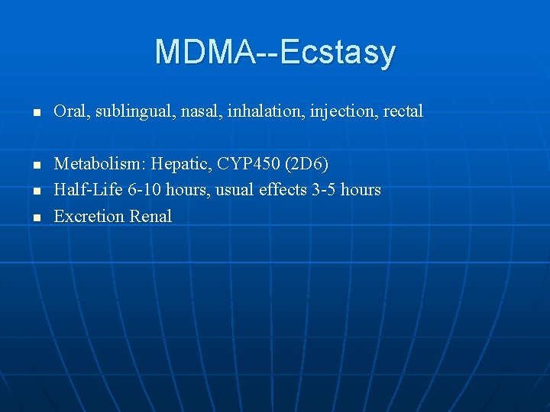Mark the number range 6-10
tap(145, 189)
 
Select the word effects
tap(280, 189)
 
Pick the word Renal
tap(150, 216)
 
